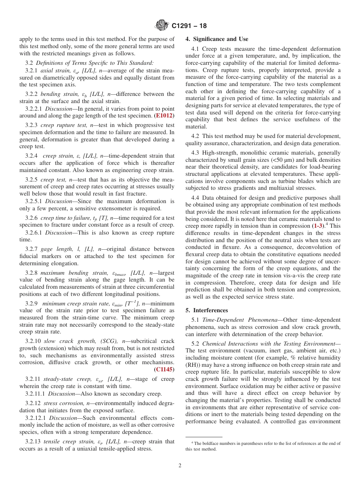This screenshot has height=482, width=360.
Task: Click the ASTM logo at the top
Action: tap(161, 26)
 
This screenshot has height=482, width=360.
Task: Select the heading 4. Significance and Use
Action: tap(217, 39)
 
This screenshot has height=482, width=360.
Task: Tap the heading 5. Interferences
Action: tap(207, 310)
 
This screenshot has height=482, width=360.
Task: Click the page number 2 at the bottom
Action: tap(180, 465)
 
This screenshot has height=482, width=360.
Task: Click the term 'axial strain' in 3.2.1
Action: tap(53, 70)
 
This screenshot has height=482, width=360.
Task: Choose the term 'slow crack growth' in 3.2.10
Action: tap(67, 341)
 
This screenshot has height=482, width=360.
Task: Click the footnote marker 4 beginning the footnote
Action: tap(192, 442)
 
